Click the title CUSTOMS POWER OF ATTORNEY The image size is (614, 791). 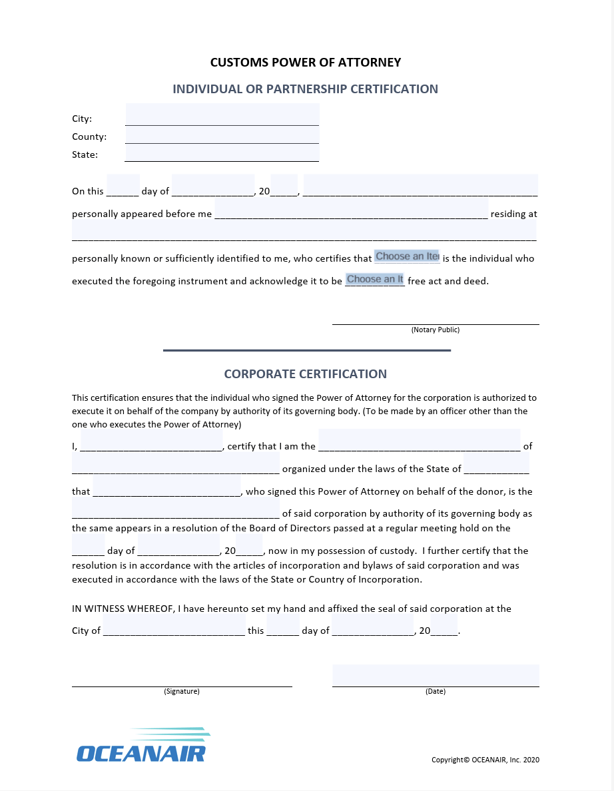coord(306,63)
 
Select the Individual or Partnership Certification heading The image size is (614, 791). coord(306,89)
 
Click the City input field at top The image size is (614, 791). coord(222,115)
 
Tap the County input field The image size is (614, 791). coord(222,134)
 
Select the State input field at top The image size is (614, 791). coord(222,153)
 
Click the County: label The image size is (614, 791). coord(89,136)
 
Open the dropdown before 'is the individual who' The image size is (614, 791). coord(407,256)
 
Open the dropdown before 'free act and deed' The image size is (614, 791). coord(375,280)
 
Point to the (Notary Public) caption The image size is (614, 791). coord(436,330)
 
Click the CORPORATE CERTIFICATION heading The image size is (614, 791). coord(306,374)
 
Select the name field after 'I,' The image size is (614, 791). coord(151,441)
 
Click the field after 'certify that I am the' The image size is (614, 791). coord(419,441)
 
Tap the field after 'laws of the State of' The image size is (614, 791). coord(496,464)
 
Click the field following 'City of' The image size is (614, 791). coord(174,627)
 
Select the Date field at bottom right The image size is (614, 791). coord(436,675)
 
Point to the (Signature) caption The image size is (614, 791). coord(182,691)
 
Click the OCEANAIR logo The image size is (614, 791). coord(143,746)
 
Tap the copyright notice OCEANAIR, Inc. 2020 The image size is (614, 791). coord(485,760)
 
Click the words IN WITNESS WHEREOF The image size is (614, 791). coord(123,609)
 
